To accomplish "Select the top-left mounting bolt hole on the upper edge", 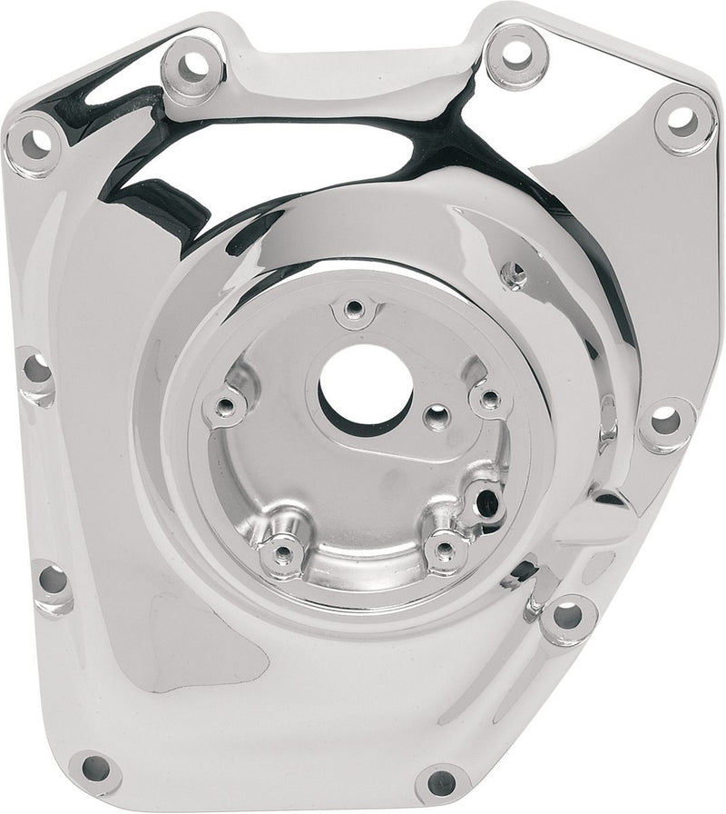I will tap(193, 65).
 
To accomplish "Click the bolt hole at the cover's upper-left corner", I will tap(34, 141).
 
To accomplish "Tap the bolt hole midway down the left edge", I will tap(35, 371).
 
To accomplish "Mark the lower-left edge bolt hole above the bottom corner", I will tap(52, 579).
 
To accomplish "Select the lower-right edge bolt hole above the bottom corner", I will tap(568, 615).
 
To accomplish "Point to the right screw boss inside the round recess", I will tap(489, 399).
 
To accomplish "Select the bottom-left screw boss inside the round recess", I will tap(283, 551).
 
